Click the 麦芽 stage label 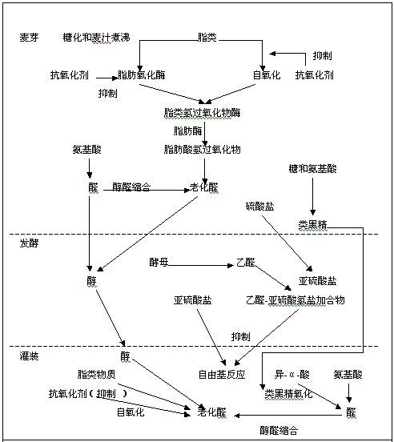tap(29, 37)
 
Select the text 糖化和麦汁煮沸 tap(96, 37)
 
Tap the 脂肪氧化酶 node tap(142, 75)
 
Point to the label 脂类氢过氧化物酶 tap(203, 113)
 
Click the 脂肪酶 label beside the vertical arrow tap(187, 131)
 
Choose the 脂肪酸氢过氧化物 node tap(203, 150)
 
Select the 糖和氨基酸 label tap(313, 169)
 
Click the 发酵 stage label tap(29, 243)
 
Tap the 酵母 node tap(159, 262)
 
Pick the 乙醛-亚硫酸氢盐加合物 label tap(295, 300)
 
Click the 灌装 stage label tap(29, 356)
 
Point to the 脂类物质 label tap(96, 375)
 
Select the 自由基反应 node tap(222, 375)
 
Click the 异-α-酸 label tap(292, 375)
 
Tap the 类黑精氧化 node tap(288, 394)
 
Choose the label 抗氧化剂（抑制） tap(88, 394)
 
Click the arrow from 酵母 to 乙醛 tap(201, 265)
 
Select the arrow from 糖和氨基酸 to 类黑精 tap(312, 196)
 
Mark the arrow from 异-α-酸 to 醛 tap(320, 396)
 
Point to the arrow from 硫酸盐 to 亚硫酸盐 tap(287, 243)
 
